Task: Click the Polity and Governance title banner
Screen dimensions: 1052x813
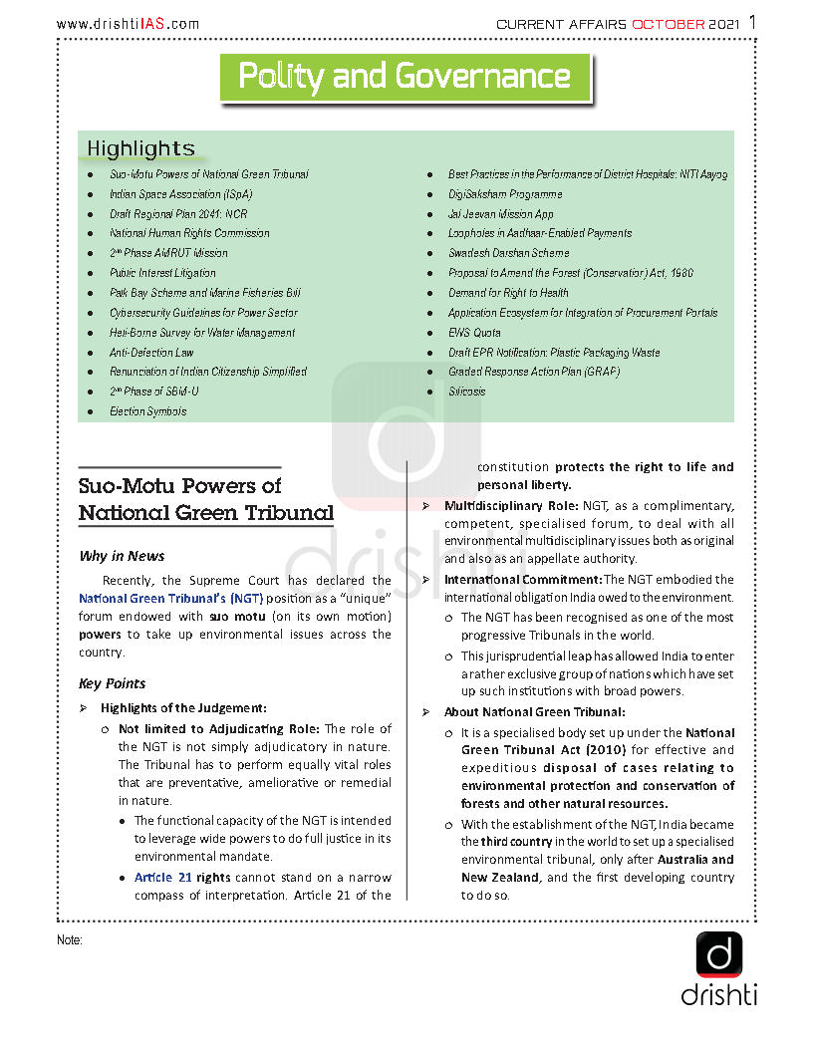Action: click(405, 77)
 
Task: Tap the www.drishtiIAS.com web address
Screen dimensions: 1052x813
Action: click(128, 24)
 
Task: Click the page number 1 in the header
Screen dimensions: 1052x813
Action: click(752, 22)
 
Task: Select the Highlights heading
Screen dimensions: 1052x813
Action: click(140, 149)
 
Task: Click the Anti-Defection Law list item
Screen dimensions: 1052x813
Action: click(151, 352)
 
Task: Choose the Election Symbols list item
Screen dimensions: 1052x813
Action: click(147, 411)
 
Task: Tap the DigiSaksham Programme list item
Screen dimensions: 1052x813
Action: click(504, 194)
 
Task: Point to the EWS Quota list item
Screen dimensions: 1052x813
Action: click(474, 333)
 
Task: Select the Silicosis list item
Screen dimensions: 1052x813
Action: click(466, 392)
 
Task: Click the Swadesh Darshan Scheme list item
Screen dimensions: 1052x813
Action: click(508, 253)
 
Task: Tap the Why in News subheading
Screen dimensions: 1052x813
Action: click(122, 556)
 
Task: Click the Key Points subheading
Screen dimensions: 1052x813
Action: click(112, 683)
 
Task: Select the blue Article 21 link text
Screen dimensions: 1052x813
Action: click(162, 878)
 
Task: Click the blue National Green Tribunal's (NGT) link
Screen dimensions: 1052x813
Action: click(170, 598)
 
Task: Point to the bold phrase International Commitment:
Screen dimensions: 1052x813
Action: click(522, 579)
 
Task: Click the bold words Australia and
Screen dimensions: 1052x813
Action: click(694, 859)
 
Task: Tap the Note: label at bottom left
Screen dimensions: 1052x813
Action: click(69, 940)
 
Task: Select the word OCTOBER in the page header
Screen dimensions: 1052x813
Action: click(669, 24)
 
